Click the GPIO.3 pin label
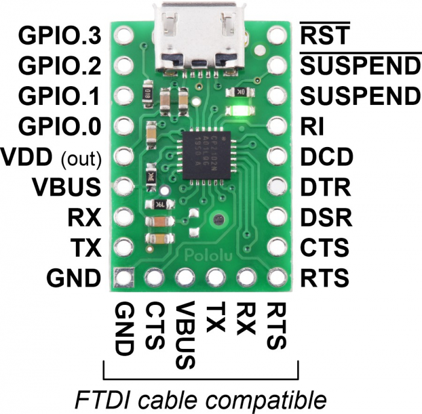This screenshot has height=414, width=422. tap(60, 36)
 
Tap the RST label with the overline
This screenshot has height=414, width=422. tap(325, 34)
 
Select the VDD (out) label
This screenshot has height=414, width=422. tap(51, 158)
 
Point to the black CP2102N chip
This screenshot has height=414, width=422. tap(206, 155)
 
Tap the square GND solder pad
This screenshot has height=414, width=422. tap(124, 277)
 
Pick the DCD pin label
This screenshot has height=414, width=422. tap(327, 157)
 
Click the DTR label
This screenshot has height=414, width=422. tap(326, 187)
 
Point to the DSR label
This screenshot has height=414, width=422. tap(326, 217)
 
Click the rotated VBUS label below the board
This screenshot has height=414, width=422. tap(185, 334)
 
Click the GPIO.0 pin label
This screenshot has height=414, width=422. tap(60, 126)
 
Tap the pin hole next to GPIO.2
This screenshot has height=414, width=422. tap(124, 65)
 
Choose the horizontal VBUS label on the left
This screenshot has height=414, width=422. tap(66, 187)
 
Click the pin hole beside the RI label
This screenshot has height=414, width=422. tap(277, 125)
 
